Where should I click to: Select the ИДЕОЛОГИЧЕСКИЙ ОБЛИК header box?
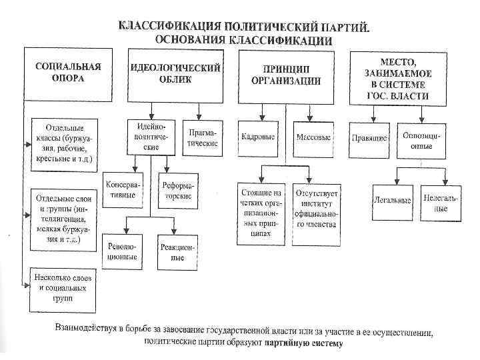[175, 73]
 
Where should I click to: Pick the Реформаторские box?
[176, 189]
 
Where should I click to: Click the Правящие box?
[369, 139]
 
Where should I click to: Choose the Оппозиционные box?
[422, 139]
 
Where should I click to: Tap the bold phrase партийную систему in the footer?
[302, 344]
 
